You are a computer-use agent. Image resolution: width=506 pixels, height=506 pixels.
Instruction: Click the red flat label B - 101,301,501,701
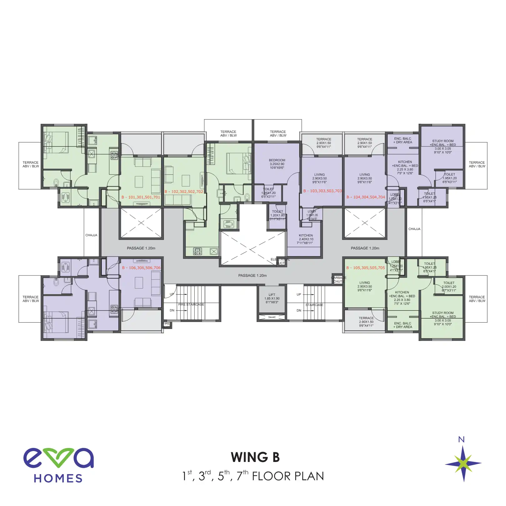point(141,197)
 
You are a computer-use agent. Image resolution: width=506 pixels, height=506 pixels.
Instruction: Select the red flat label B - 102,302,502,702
point(184,192)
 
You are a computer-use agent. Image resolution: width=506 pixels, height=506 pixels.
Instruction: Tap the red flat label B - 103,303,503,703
point(323,191)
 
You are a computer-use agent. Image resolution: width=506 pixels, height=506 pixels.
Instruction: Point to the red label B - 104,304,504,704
point(366,197)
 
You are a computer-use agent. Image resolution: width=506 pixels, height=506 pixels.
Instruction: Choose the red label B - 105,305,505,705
point(366,268)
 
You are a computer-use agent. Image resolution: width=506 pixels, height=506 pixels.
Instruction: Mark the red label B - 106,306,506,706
point(141,268)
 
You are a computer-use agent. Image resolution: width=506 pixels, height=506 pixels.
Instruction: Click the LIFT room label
point(272,299)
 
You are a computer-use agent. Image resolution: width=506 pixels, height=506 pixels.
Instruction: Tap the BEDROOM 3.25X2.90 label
point(277,164)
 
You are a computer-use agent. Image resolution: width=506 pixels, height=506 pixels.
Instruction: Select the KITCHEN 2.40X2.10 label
point(306,239)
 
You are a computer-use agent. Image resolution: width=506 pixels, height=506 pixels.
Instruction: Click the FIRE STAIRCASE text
point(191,305)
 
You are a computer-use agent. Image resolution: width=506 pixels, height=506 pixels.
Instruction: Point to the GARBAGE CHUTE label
point(339,280)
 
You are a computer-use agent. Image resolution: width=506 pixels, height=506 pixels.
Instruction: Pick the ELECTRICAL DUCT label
point(280,261)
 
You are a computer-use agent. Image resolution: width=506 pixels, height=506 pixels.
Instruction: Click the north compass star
point(464,464)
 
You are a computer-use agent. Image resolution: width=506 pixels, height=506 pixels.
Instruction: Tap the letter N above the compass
point(461,440)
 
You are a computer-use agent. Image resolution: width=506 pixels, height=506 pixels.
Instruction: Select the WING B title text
point(255,458)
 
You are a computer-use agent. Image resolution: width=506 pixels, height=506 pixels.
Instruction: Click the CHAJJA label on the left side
point(91,235)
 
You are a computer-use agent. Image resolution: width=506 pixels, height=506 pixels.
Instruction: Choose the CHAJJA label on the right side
point(414,229)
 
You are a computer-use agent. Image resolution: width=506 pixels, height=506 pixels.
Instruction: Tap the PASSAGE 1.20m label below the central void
point(252,275)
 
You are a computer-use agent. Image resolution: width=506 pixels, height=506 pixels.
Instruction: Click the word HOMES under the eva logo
point(58,479)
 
